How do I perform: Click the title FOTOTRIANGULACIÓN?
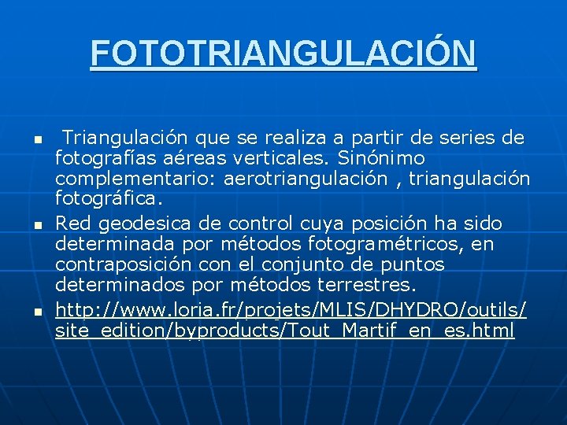click(x=283, y=54)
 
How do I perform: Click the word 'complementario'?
click(x=135, y=179)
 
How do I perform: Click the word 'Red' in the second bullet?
click(x=71, y=224)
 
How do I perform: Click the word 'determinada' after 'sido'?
click(x=106, y=244)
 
